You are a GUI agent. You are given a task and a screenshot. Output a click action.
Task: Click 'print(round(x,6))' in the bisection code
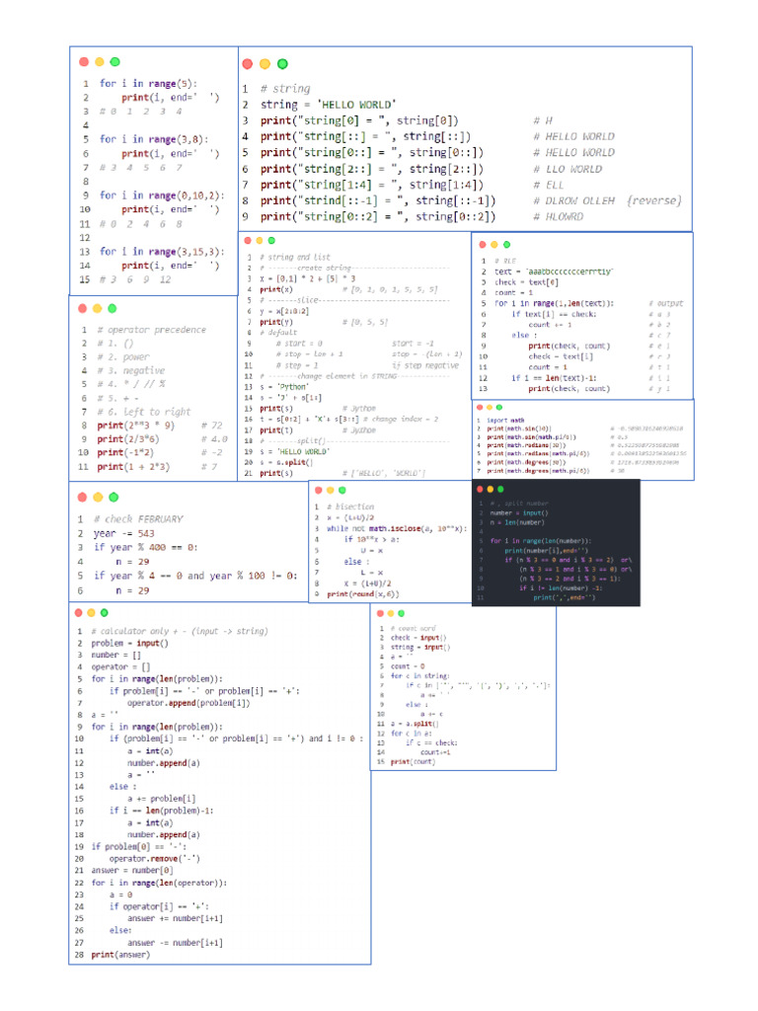[x=363, y=594]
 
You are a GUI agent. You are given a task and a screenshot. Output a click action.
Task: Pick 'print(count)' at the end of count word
[x=412, y=762]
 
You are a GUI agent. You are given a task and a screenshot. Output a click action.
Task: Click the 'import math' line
[x=503, y=420]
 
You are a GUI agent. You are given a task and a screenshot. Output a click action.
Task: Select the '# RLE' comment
[x=503, y=261]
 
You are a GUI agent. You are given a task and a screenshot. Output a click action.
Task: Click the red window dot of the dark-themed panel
[x=482, y=489]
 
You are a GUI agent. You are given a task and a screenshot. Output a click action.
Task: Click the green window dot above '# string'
[x=282, y=64]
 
